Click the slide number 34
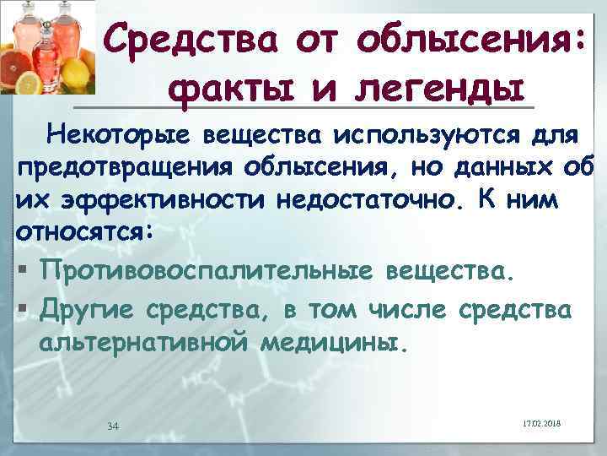pos(113,424)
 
